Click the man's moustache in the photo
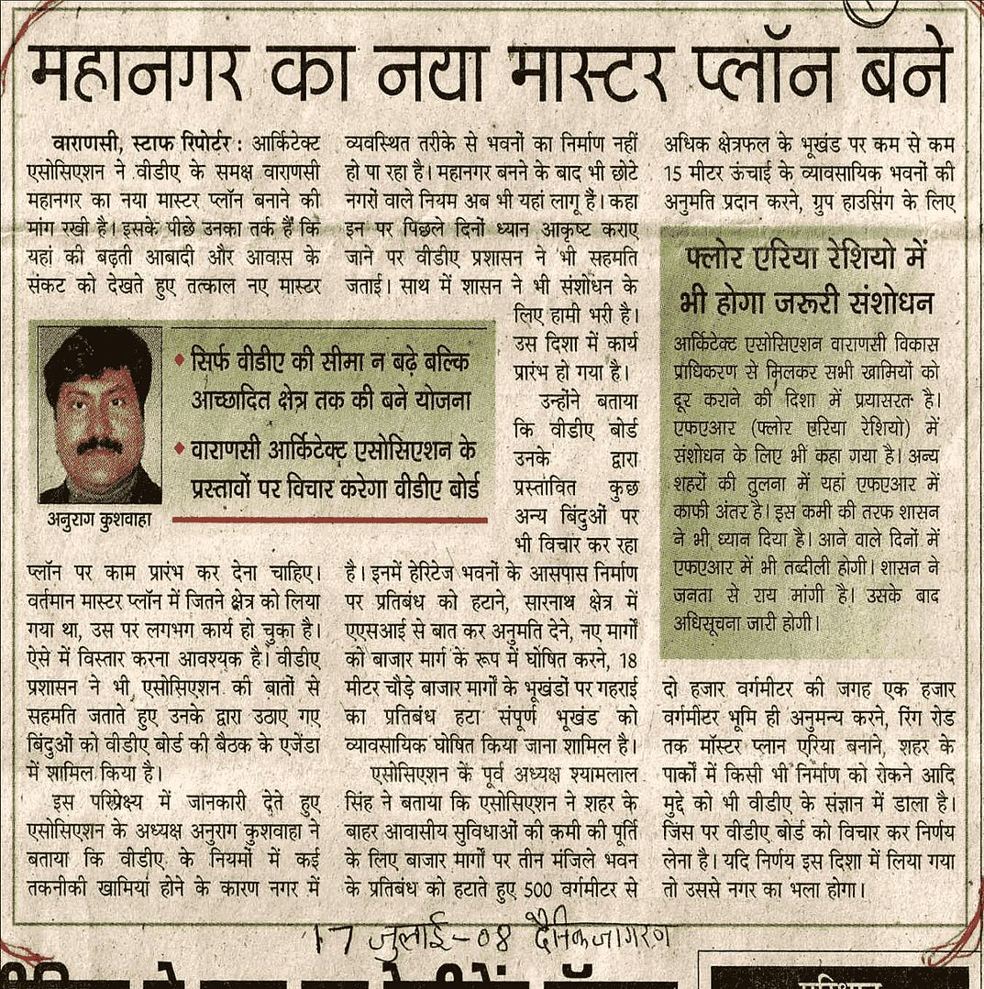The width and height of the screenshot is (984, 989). (x=99, y=446)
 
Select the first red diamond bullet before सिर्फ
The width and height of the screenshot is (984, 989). (x=180, y=358)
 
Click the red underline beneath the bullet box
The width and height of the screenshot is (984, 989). (x=329, y=519)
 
